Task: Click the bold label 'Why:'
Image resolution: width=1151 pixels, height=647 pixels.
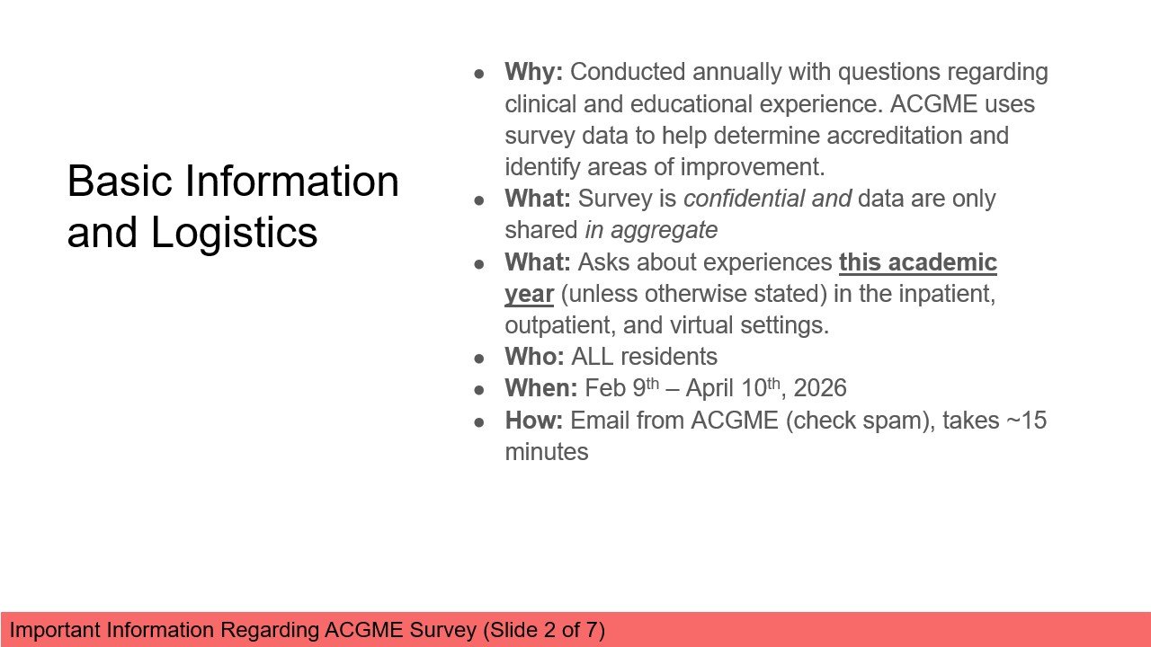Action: click(533, 72)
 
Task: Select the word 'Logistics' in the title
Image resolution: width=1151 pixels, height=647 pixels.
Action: click(234, 232)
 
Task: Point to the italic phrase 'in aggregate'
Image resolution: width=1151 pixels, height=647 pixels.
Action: click(651, 230)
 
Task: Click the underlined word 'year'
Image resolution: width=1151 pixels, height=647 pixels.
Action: click(529, 294)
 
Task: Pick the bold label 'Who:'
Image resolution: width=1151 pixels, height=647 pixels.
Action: click(534, 357)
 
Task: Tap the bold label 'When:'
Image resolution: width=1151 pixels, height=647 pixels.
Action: click(540, 388)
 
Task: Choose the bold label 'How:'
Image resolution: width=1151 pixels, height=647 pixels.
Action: click(533, 420)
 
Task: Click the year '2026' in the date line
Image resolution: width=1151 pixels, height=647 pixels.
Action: click(820, 388)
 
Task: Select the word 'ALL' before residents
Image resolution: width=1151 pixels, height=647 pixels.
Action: click(591, 357)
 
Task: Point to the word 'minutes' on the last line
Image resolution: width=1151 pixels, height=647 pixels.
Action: click(547, 451)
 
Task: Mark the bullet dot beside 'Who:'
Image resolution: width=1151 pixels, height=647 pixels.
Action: click(480, 358)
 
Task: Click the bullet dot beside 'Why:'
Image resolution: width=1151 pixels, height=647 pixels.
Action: click(480, 73)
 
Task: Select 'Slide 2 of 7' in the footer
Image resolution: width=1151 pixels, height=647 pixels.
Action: click(544, 630)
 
